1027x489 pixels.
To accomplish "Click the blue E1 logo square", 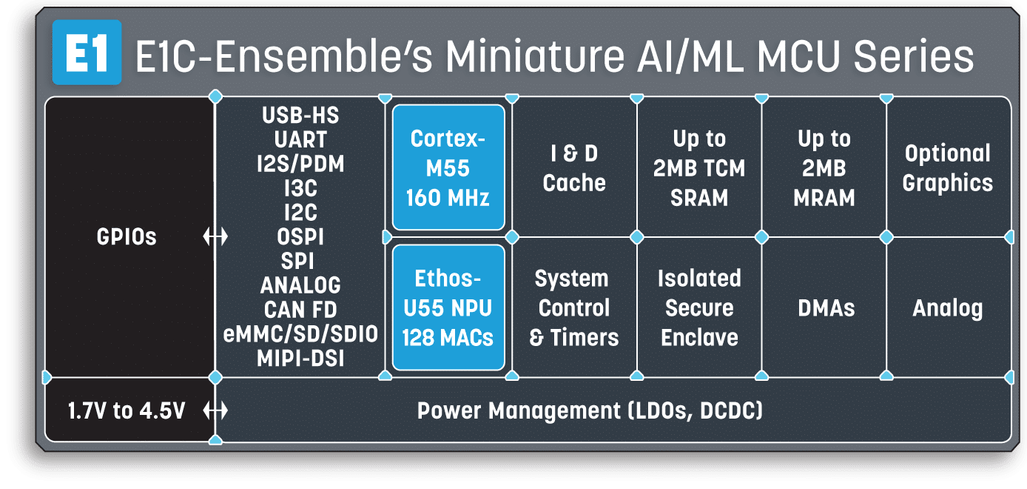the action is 87,53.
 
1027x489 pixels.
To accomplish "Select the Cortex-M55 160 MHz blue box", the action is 448,167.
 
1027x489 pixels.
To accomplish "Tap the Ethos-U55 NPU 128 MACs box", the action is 448,307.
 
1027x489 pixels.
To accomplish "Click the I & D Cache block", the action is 574,167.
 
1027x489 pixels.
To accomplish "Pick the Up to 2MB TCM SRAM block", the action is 699,167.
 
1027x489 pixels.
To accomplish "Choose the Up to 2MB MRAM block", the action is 824,167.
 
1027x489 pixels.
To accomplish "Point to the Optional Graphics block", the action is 948,167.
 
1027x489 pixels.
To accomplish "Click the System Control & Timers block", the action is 574,307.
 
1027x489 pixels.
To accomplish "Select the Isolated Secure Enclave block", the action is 699,307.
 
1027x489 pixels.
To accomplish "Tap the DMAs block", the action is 824,307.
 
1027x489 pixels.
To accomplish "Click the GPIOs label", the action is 127,237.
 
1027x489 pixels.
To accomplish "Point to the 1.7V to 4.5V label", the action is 127,410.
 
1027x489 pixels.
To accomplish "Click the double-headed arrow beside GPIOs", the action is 215,237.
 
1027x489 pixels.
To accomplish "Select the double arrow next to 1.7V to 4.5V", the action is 215,410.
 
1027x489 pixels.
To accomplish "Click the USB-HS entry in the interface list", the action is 300,116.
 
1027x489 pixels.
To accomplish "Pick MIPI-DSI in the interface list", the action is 300,359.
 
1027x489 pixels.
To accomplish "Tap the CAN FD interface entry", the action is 300,310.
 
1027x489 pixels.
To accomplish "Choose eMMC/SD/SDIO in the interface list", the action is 300,334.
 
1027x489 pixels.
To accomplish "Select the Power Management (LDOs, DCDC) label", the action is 590,410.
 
